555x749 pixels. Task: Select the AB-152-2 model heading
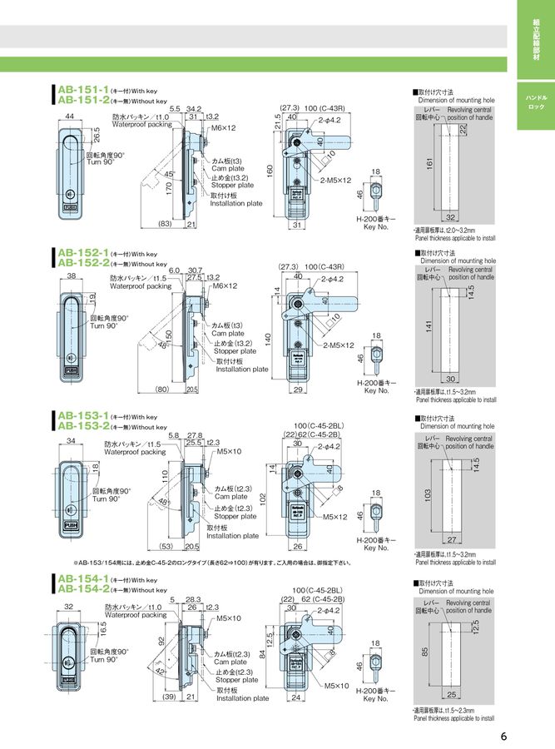pyautogui.click(x=82, y=263)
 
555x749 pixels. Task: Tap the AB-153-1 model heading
pyautogui.click(x=82, y=416)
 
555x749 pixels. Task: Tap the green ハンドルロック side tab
pyautogui.click(x=535, y=103)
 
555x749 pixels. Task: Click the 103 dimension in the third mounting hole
pyautogui.click(x=428, y=494)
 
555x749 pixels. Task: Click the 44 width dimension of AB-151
pyautogui.click(x=70, y=116)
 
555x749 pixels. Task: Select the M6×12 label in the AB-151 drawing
pyautogui.click(x=223, y=128)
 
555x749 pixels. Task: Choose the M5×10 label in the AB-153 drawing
pyautogui.click(x=230, y=451)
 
